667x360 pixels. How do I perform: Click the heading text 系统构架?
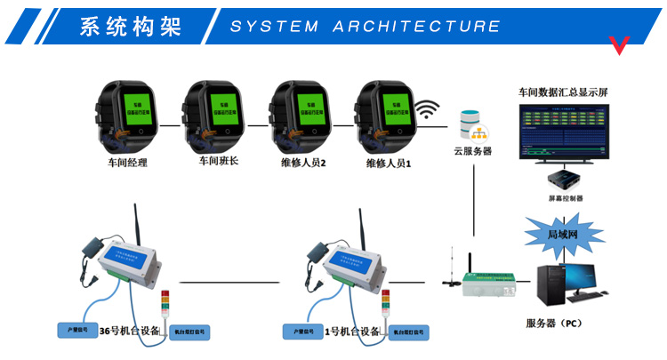pos(130,27)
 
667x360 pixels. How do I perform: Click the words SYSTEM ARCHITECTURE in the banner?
pos(366,27)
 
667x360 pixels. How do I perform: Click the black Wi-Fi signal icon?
pos(429,110)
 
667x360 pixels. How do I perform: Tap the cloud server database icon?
pos(471,125)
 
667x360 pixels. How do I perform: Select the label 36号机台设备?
pos(130,332)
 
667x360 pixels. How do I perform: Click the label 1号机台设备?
pos(351,332)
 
